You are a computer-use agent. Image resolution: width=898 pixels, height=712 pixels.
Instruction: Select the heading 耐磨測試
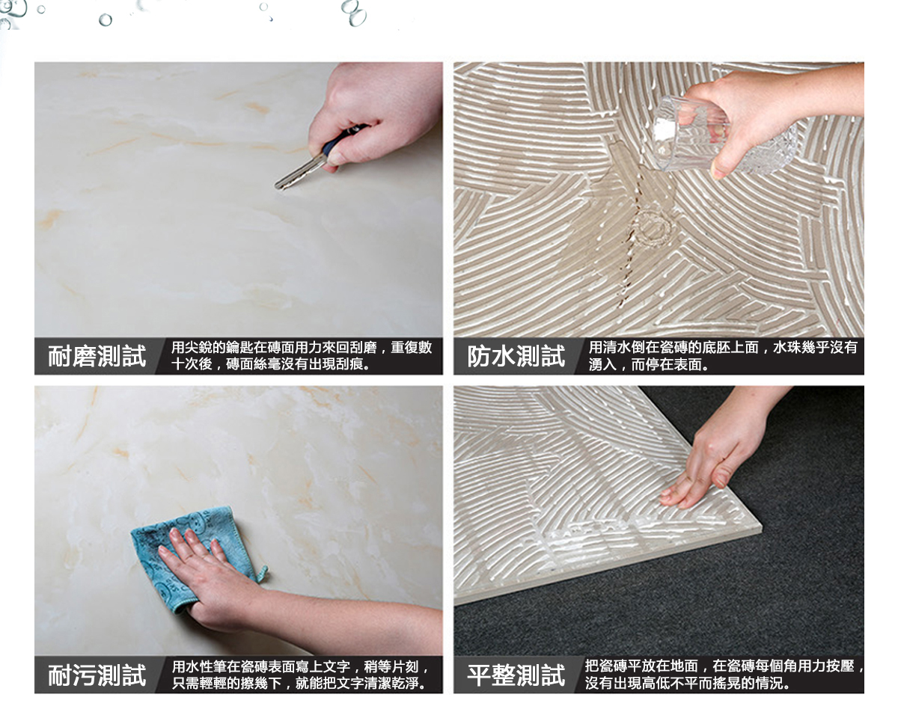pos(97,356)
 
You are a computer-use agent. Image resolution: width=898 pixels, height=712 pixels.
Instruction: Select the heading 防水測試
pos(516,356)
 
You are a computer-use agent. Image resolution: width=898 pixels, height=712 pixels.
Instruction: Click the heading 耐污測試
pos(97,675)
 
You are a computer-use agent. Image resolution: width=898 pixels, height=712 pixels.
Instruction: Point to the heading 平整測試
pos(516,675)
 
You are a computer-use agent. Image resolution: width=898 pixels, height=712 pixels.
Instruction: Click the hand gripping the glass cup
pos(772,113)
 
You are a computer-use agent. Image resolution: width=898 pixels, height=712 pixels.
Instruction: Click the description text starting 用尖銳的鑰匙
pos(302,356)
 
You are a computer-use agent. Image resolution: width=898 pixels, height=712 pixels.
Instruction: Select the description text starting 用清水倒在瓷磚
pos(723,356)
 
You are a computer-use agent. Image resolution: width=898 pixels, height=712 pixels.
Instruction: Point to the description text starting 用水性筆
pos(300,675)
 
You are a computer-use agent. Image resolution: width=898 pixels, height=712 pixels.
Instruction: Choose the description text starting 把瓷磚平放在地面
pos(724,675)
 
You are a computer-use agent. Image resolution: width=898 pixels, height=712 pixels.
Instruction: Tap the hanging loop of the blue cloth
pos(263,573)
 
